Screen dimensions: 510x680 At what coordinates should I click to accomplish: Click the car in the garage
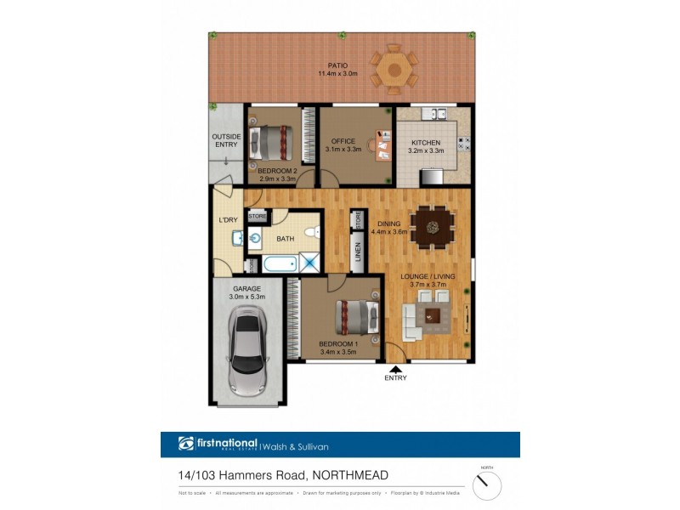[x=248, y=355]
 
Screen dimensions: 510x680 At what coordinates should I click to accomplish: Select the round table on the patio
[x=393, y=67]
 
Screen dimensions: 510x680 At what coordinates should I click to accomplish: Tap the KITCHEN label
[x=425, y=142]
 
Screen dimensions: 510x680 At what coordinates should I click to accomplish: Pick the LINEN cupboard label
[x=358, y=252]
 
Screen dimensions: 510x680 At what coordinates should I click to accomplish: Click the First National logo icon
[x=186, y=444]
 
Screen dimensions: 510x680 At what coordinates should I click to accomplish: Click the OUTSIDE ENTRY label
[x=227, y=140]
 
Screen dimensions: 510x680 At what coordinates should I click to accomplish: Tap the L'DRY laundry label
[x=228, y=220]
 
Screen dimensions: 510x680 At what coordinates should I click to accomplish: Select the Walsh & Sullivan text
[x=295, y=445]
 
